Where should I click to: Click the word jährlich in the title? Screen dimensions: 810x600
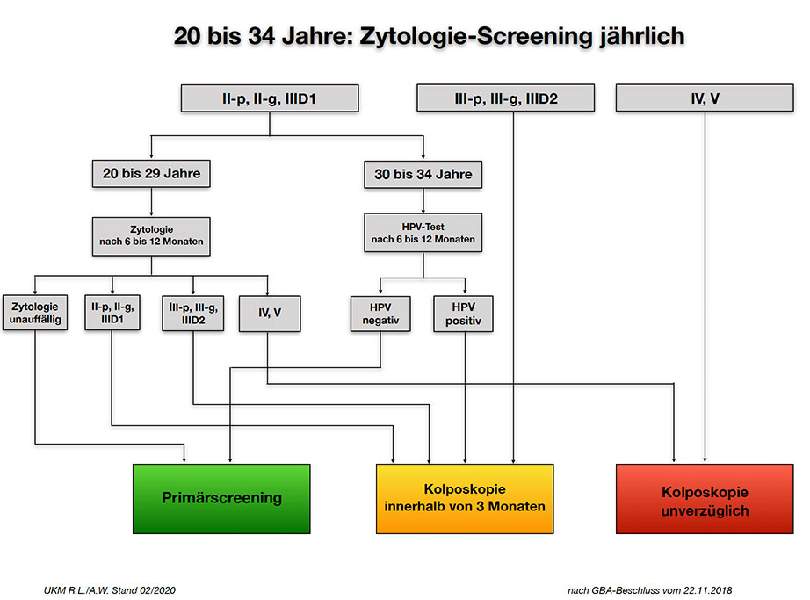[642, 37]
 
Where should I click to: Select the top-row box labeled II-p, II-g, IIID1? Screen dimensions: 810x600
[270, 98]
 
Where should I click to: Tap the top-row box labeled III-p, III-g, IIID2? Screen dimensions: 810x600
[506, 98]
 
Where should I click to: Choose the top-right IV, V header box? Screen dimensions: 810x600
[705, 98]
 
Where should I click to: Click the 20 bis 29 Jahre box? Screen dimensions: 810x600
[151, 173]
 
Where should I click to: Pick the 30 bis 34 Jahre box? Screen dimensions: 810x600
[423, 175]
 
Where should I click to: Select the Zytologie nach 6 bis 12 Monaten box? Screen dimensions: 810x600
[151, 236]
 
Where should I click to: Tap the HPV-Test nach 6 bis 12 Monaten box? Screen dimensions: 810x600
[423, 233]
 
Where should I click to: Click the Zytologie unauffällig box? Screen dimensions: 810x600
[35, 313]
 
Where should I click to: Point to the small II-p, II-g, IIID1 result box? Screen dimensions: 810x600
[112, 313]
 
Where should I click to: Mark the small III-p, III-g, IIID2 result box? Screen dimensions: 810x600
[193, 313]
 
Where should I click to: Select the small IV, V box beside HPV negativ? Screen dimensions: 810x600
[270, 314]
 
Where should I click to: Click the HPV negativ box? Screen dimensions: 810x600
[380, 314]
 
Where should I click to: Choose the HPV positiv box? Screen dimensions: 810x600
[463, 314]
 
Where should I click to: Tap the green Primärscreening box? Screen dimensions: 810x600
[221, 499]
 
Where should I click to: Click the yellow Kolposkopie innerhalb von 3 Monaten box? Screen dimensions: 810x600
[465, 499]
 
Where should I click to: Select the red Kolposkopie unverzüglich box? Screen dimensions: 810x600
[705, 499]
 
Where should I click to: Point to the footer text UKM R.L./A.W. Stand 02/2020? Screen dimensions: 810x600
[110, 590]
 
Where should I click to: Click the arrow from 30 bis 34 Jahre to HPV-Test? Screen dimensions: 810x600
[423, 201]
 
